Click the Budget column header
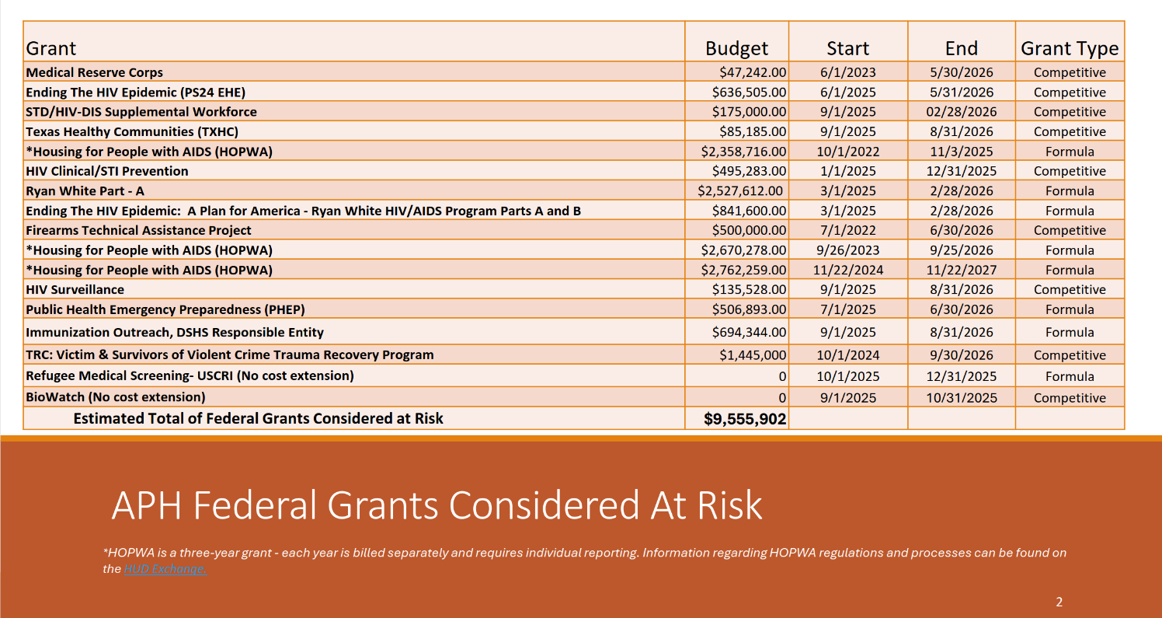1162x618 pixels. pos(736,48)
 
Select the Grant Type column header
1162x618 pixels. pos(1070,48)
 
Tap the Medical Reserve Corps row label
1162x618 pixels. pos(95,72)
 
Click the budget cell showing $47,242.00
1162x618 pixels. pos(753,72)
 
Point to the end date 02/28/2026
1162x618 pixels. pos(961,112)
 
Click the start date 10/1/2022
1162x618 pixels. pos(847,152)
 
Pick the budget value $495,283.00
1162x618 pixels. pos(749,171)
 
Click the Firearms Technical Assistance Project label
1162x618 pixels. pos(138,230)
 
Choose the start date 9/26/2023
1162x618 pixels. pos(847,250)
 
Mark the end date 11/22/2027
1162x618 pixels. pos(961,270)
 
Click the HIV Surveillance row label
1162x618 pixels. pos(75,289)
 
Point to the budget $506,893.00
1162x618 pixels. pos(749,309)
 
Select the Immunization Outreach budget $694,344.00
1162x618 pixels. pos(749,332)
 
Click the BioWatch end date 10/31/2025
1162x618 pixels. pos(961,398)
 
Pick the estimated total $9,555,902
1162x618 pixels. pos(745,419)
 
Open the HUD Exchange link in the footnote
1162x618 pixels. pos(165,569)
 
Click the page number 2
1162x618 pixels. pos(1059,602)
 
